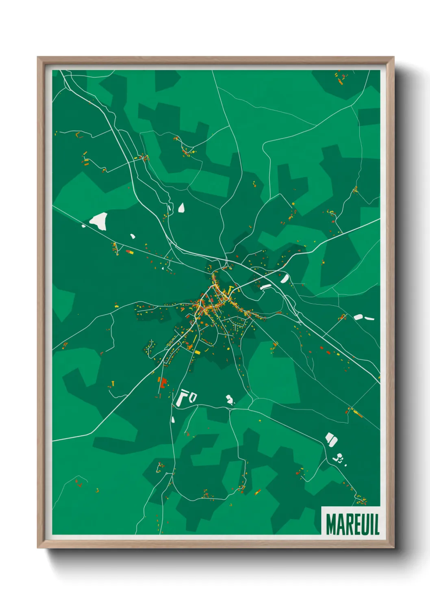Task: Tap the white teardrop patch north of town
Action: click(181, 208)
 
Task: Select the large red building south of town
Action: click(163, 383)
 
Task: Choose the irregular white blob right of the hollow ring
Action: click(230, 400)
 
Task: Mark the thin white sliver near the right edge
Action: click(369, 318)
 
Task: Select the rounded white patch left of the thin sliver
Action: click(358, 317)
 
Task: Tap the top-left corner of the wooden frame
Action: click(38, 58)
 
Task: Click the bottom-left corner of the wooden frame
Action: click(38, 547)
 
